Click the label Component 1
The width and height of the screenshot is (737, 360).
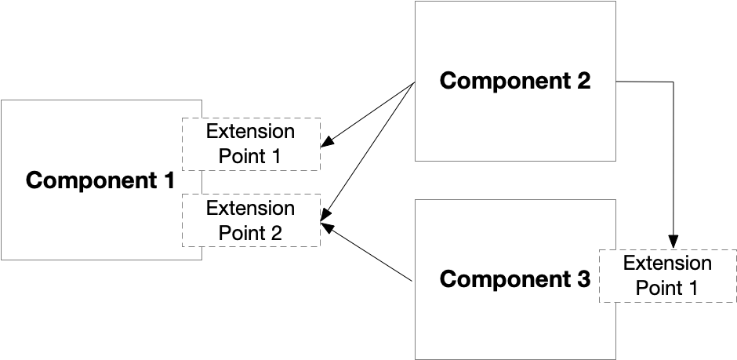tap(100, 180)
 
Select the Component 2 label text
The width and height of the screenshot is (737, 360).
tap(514, 81)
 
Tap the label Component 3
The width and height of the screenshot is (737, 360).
tap(514, 279)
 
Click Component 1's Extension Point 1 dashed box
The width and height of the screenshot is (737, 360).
tap(251, 144)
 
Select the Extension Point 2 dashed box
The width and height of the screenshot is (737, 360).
tap(251, 220)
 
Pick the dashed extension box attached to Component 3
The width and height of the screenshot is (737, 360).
tap(667, 276)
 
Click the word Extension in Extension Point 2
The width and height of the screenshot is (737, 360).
tap(251, 209)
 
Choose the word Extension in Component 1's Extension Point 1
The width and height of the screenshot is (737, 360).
tap(251, 132)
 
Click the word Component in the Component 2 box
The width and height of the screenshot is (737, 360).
tap(503, 81)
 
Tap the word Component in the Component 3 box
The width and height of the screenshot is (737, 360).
tap(503, 279)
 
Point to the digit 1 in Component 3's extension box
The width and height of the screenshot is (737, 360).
tap(692, 289)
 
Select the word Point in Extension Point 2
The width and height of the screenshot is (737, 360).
tap(241, 233)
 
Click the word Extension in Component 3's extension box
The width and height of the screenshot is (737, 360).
tap(667, 264)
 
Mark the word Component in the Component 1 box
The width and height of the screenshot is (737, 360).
tap(89, 180)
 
